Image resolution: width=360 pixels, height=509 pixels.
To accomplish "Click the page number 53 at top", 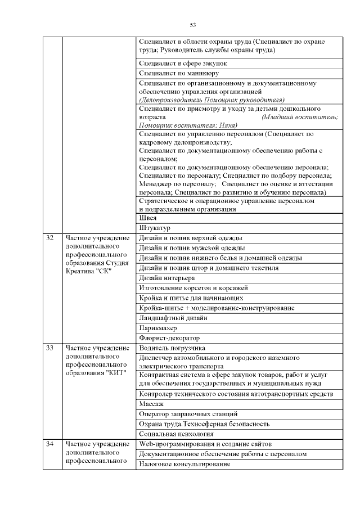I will [192, 25].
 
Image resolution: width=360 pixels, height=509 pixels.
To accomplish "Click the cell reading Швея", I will [148, 218].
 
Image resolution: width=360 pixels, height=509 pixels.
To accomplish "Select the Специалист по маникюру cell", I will [179, 73].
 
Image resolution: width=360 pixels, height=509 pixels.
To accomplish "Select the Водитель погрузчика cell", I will [172, 348].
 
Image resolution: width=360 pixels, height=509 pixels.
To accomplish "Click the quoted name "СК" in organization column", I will [106, 272].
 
